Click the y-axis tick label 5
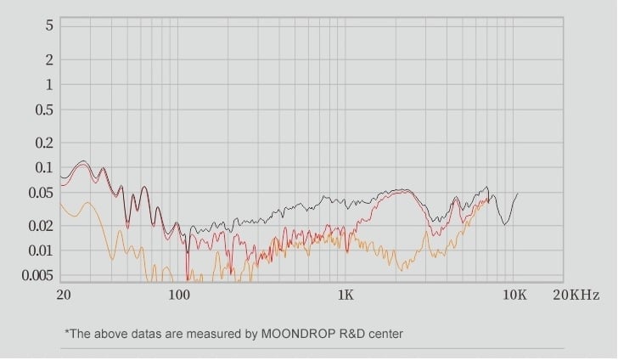coord(49,25)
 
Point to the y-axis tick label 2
coord(49,59)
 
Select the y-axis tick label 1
coord(49,84)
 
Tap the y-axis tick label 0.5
coord(44,110)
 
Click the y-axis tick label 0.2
coord(44,143)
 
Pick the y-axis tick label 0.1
coord(44,167)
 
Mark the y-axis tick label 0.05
coord(41,193)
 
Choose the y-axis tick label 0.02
coord(41,226)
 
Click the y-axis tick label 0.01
coord(41,250)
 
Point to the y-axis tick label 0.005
coord(37,275)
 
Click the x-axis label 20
coord(64,295)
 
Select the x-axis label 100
coord(178,295)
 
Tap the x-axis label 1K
coord(345,295)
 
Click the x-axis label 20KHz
coord(576,295)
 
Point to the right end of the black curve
coord(518,194)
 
